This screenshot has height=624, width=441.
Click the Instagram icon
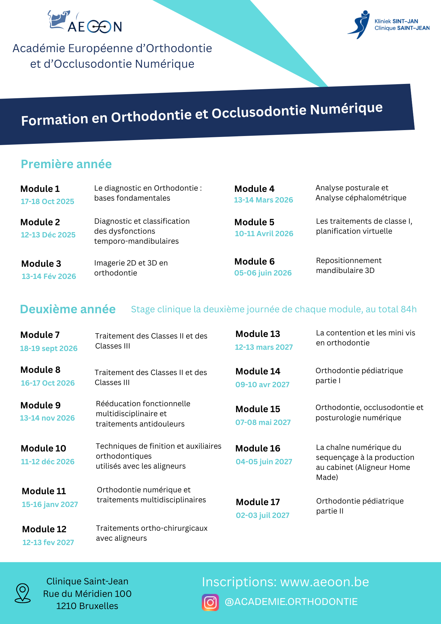pos(210,602)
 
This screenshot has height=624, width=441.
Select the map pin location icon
pos(23,593)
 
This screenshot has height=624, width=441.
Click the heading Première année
pos(66,164)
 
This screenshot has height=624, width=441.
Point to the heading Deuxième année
pos(68,309)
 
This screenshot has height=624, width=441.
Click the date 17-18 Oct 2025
pos(47,202)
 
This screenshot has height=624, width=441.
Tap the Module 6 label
pos(254,261)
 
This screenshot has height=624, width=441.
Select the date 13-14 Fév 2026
pos(49,276)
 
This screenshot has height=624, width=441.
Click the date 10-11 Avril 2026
pos(264,234)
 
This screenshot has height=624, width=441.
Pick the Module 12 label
pos(44,529)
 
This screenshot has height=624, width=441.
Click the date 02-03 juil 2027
pos(263,515)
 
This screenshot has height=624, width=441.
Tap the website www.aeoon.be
pos(324,582)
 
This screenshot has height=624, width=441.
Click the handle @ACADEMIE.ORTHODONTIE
pos(291,602)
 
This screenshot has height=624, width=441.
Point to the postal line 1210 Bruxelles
pos(87,606)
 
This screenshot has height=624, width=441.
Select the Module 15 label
pos(258,409)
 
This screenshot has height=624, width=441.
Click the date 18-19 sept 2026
pos(49,349)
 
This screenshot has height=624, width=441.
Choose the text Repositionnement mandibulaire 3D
pos(348,266)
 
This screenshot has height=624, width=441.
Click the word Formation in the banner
pos(55,119)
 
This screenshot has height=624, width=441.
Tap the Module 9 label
pos(41,405)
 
